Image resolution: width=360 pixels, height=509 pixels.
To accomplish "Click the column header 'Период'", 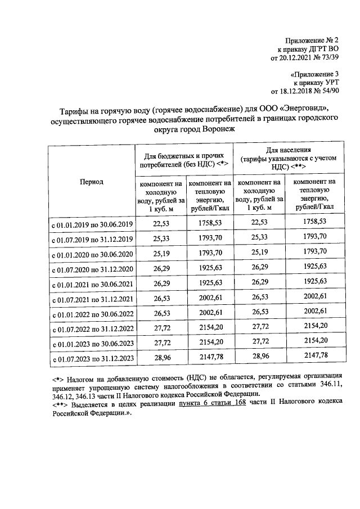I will [91, 182].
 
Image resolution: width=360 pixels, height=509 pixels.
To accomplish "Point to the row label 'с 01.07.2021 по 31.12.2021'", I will [92, 298].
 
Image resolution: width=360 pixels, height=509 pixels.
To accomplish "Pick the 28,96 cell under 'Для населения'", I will [260, 357].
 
